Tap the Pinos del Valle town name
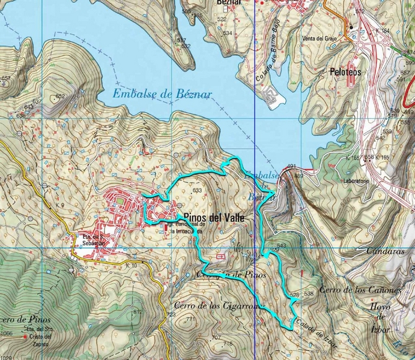[x=214, y=218]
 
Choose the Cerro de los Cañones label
[x=360, y=290]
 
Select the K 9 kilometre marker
[x=59, y=206]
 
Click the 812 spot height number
[x=138, y=311]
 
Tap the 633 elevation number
[x=197, y=190]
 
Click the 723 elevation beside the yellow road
[x=171, y=315]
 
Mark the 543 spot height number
[x=281, y=245]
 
